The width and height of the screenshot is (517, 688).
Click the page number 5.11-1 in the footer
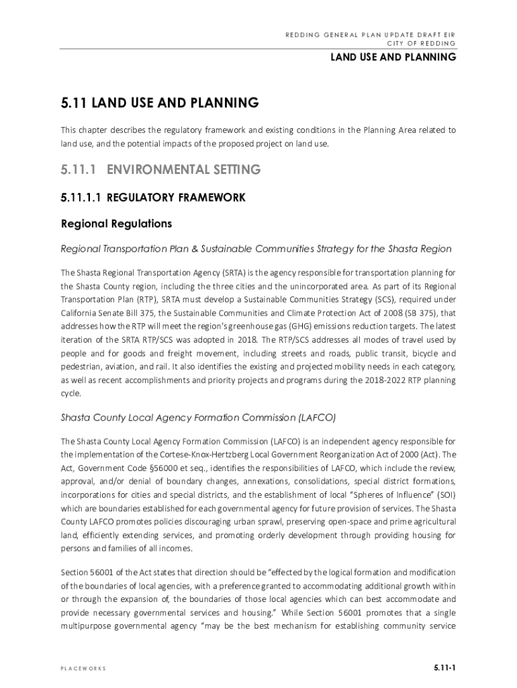444,668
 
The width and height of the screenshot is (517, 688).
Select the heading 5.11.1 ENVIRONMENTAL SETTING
160,170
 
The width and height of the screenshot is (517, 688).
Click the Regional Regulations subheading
117,223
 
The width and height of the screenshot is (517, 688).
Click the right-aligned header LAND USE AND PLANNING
393,58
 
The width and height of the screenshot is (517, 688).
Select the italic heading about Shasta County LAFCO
198,417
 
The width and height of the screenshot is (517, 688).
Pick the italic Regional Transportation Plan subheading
256,249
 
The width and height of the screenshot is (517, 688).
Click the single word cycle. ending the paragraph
70,394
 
